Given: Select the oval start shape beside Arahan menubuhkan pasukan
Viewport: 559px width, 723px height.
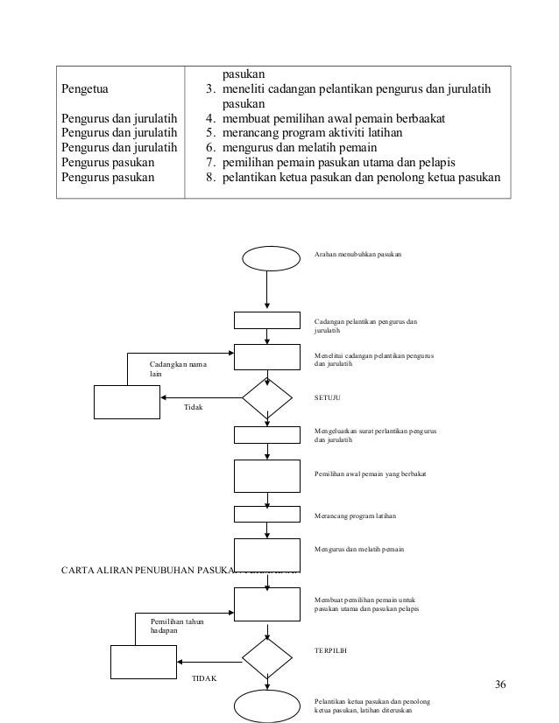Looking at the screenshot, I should (x=266, y=257).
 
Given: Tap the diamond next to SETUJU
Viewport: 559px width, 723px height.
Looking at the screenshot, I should (x=266, y=399).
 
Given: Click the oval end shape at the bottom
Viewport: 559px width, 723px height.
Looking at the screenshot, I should (x=266, y=705).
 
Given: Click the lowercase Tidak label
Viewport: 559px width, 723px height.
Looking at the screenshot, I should (x=193, y=408).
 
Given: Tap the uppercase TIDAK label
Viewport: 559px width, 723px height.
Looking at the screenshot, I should (x=205, y=678).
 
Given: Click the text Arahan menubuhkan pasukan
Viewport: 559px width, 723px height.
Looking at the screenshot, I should (x=357, y=254).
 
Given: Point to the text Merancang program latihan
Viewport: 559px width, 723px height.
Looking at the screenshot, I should (x=355, y=517).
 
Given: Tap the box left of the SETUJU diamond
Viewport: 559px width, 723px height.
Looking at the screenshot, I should (x=126, y=403).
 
